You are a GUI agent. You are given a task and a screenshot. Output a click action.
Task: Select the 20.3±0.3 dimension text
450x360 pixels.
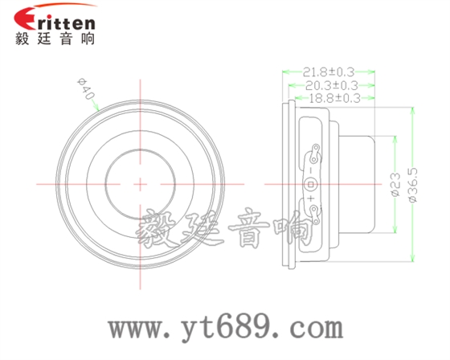(x=330, y=84)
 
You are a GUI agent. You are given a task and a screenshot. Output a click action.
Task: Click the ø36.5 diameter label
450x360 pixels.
(x=413, y=184)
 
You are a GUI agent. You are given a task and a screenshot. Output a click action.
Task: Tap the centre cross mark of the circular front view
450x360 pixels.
(x=140, y=184)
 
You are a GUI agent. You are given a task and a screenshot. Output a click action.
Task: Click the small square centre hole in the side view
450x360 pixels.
(x=313, y=183)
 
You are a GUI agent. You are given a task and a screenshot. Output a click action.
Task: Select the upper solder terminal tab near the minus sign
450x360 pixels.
(x=316, y=150)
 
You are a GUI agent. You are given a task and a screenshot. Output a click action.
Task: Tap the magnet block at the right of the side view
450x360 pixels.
(x=362, y=183)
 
